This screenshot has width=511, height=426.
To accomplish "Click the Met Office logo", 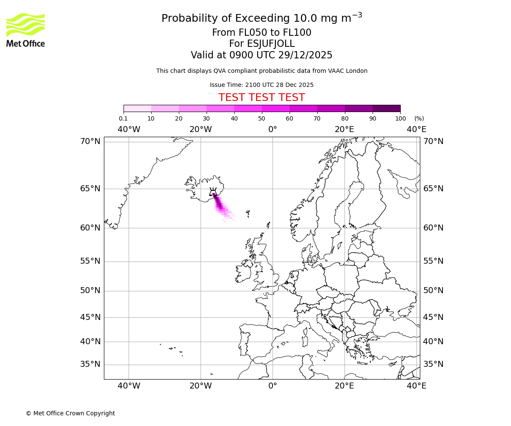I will click(26, 30).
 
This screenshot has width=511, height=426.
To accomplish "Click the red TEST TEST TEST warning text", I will click(261, 98).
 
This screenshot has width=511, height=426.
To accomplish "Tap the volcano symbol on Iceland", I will click(213, 192).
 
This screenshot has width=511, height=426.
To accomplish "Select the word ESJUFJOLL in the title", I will click(270, 44).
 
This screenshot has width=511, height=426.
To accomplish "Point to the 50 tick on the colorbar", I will click(262, 118).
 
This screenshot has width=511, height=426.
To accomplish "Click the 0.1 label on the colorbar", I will click(123, 118).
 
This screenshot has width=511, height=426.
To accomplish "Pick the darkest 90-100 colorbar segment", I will click(386, 108).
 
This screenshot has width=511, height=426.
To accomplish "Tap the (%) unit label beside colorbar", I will click(419, 118).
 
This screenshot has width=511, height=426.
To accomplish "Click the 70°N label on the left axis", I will click(90, 141).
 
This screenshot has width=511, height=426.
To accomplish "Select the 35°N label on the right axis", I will click(433, 364).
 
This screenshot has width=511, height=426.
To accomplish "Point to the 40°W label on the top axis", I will click(129, 129).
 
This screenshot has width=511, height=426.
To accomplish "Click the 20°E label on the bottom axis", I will click(344, 386).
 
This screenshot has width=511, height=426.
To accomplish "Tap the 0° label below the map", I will click(273, 386).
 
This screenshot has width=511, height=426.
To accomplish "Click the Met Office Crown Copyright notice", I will click(70, 413).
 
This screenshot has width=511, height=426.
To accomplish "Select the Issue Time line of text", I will click(261, 85).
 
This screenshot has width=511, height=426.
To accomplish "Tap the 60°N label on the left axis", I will click(90, 228).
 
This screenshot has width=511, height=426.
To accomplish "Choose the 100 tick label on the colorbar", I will click(400, 118).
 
